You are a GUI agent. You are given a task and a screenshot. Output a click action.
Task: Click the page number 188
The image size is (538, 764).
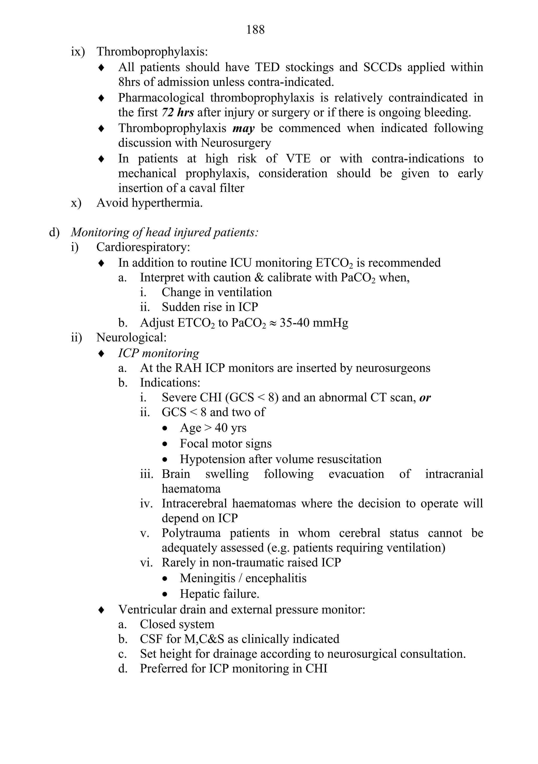[255, 30]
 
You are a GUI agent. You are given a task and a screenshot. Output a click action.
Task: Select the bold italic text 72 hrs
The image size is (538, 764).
[178, 113]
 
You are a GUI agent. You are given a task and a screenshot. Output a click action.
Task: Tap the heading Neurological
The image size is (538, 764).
[131, 338]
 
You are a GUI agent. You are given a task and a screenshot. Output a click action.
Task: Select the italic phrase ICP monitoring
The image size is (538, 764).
[159, 353]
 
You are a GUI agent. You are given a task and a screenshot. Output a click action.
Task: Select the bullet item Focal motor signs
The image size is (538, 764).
[225, 444]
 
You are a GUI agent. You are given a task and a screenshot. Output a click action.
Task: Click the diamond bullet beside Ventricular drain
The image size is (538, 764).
[101, 610]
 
